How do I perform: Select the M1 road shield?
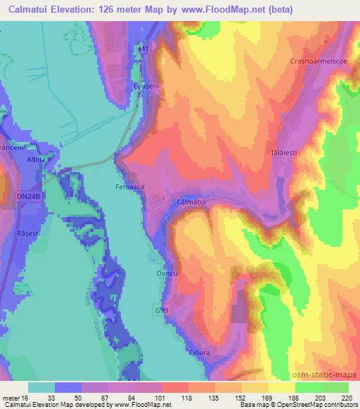[x=144, y=51]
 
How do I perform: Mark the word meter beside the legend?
[x=11, y=398]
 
